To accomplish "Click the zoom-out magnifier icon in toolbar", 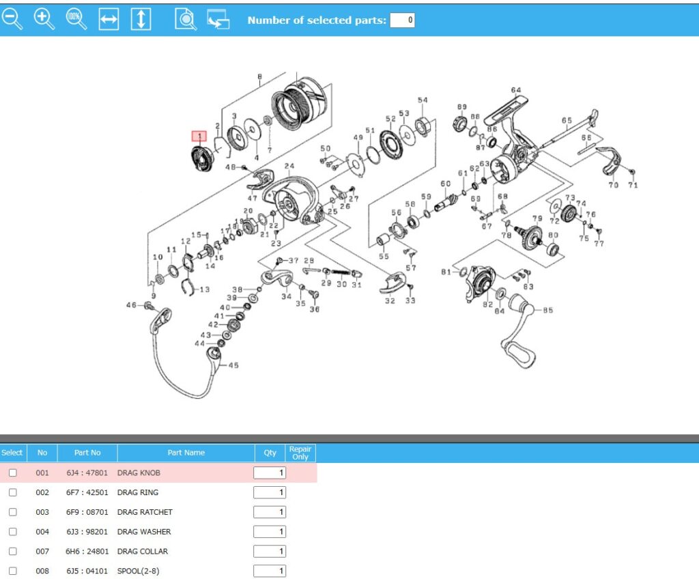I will click(12, 19).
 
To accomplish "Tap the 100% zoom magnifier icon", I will click(76, 19).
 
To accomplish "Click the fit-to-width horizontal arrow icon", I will click(109, 20).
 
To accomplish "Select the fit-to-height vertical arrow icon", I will click(141, 19).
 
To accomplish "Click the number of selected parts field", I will click(402, 20).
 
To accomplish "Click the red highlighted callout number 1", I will click(199, 137).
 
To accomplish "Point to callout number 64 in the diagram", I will click(515, 90).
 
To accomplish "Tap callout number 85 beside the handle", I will click(547, 311).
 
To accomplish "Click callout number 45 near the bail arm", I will click(233, 365).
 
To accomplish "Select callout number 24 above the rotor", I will click(289, 167).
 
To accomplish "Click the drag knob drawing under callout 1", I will click(201, 160).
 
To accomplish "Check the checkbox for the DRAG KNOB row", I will click(12, 472).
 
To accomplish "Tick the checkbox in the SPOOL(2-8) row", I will click(12, 571).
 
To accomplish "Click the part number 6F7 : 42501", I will click(87, 492).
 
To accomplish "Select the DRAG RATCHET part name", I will click(145, 512).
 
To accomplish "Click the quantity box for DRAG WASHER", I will click(270, 532).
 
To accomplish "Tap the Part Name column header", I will click(186, 453).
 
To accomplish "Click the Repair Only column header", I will click(300, 453).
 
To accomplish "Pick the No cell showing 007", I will click(42, 551).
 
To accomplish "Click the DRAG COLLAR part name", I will click(143, 551).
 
